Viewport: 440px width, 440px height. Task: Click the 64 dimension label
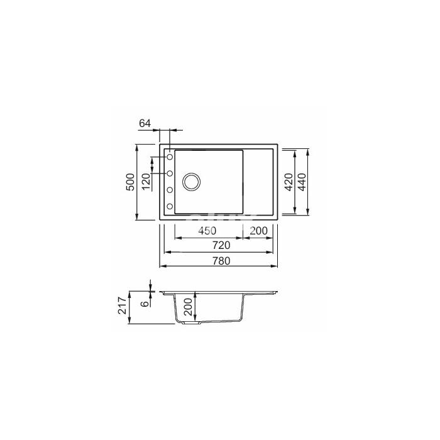click(145, 123)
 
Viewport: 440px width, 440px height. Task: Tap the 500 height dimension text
click(131, 182)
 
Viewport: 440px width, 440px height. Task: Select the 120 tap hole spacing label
click(146, 182)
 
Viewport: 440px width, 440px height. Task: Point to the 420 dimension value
click(289, 182)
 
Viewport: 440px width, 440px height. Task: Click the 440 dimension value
click(302, 182)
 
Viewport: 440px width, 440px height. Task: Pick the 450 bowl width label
click(207, 231)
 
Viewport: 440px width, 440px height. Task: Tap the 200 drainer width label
click(258, 231)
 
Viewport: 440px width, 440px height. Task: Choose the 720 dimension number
click(221, 245)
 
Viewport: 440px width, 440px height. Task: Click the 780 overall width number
click(221, 261)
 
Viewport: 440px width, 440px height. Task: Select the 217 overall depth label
click(123, 305)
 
